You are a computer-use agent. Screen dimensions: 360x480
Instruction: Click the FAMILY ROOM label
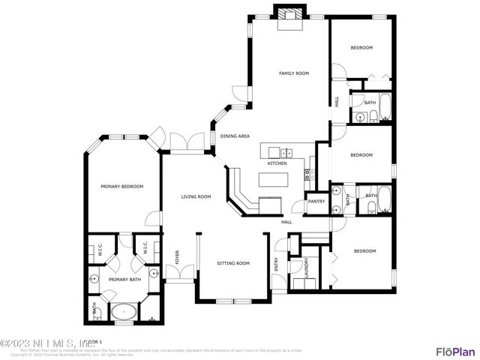[294, 73]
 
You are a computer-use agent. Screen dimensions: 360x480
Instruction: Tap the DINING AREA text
[235, 136]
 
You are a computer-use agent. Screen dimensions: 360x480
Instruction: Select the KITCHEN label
[277, 163]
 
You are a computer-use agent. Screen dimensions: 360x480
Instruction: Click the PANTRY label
[316, 201]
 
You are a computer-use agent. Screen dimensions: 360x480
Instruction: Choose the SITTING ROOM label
[232, 263]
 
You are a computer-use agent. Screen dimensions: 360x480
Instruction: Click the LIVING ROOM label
[196, 196]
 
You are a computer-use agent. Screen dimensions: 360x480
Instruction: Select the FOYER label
[178, 258]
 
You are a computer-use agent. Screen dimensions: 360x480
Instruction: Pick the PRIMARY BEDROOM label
[121, 186]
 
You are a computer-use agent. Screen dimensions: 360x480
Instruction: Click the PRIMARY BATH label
[124, 280]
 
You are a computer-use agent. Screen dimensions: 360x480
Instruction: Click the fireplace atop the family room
[289, 16]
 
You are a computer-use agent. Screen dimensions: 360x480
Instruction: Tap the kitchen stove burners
[308, 175]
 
